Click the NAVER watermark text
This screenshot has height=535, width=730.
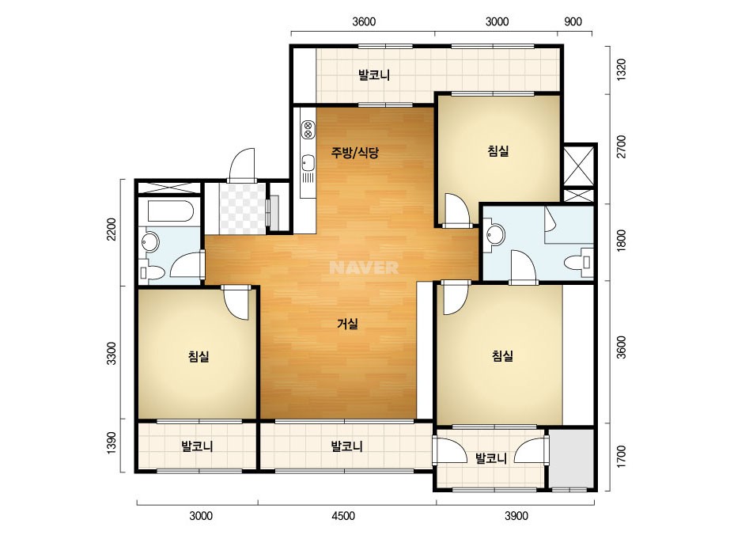364,267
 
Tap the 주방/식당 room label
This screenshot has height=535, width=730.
355,153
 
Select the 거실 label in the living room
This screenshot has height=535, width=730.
348,324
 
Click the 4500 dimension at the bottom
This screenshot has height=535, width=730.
342,515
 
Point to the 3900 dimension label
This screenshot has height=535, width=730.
516,515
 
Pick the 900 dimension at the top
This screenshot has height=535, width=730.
573,21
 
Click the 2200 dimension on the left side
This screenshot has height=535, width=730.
112,230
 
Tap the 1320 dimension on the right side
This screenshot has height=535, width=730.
621,70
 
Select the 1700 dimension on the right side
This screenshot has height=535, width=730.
621,457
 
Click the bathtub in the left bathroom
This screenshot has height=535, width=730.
170,211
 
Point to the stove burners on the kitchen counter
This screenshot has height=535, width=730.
308,130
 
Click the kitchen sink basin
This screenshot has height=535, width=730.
308,163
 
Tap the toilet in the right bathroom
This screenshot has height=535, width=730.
579,262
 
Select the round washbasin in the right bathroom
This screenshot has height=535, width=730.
494,234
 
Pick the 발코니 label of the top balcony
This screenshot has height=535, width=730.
374,74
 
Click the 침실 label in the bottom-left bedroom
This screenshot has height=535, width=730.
199,356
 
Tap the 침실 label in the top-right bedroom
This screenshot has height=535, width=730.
498,150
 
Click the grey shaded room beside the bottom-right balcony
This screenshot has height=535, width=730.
572,458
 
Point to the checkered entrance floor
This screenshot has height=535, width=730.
243,208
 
